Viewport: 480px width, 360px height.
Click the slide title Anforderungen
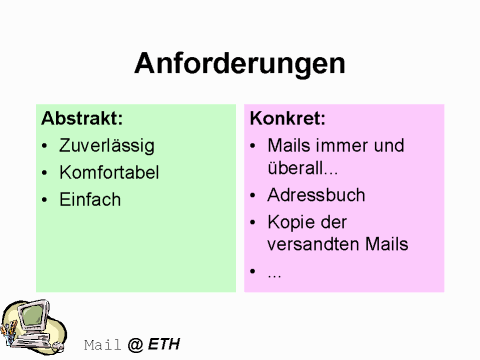click(x=240, y=64)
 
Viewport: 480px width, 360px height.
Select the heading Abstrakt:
click(x=82, y=118)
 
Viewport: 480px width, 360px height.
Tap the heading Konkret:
click(x=288, y=118)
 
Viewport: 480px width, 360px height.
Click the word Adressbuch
click(x=316, y=195)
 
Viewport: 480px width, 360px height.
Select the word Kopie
click(x=290, y=221)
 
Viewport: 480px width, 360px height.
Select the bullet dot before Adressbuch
click(x=254, y=196)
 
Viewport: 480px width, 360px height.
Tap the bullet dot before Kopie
click(x=254, y=222)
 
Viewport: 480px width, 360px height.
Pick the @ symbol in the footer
click(x=135, y=345)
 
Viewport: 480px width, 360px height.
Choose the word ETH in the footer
click(x=164, y=345)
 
